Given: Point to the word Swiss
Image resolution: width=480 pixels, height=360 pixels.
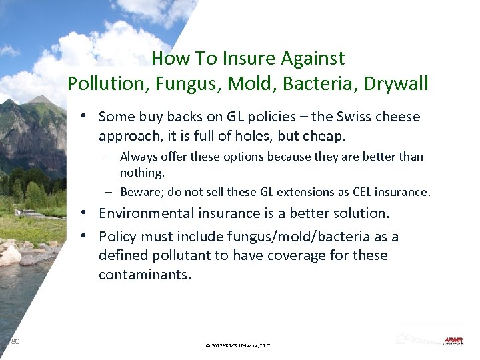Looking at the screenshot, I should (353, 117).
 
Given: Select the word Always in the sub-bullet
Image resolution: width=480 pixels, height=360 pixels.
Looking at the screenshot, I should (137, 157).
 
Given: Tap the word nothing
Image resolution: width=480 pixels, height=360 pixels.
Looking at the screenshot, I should (142, 173).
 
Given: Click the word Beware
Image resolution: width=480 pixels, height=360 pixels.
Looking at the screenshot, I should (141, 192).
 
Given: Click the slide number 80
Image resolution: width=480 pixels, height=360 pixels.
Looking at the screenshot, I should (15, 341).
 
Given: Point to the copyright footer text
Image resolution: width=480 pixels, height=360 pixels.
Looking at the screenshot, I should (238, 345).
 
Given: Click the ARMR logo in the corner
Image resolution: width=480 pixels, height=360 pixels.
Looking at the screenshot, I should (453, 341).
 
